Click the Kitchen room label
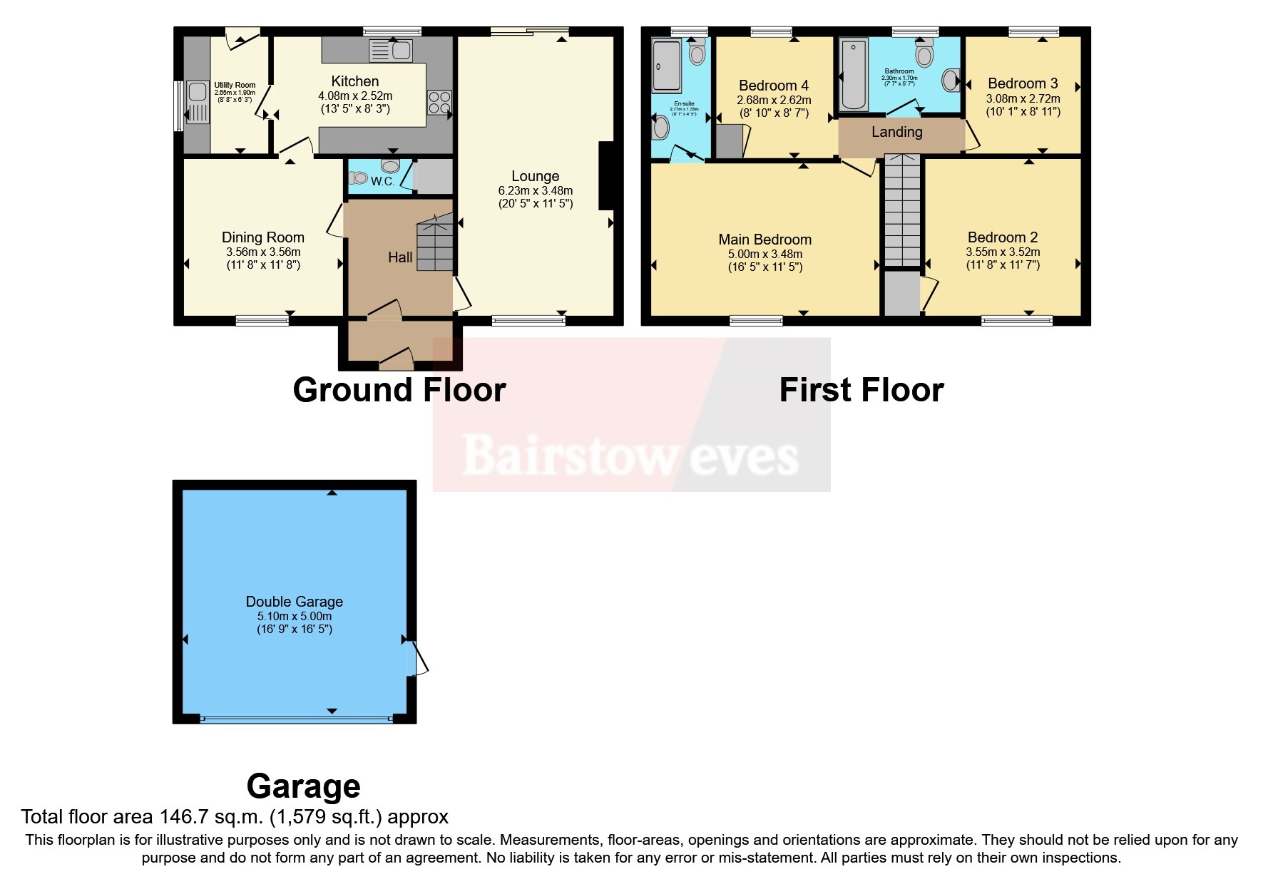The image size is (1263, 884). (x=354, y=81)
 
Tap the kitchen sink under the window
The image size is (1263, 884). (x=391, y=51)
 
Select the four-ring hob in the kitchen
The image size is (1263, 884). (x=439, y=103)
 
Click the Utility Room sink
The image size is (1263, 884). (x=197, y=101)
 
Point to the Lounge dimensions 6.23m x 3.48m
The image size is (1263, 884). (x=535, y=191)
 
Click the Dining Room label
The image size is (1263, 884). (x=262, y=237)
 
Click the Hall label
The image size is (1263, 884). (x=400, y=257)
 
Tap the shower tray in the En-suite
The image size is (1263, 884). (x=667, y=66)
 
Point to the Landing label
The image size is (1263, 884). (x=896, y=132)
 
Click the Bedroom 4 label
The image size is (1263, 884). (x=774, y=86)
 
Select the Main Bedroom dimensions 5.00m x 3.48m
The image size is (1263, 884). (x=765, y=255)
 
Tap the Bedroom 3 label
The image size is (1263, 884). (x=1023, y=83)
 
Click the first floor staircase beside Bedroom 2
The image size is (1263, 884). (x=902, y=210)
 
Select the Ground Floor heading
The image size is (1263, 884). (x=399, y=390)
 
